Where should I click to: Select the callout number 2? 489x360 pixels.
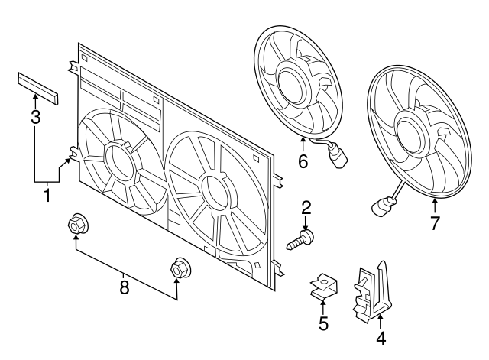[306, 206]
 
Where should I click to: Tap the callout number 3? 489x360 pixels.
[35, 116]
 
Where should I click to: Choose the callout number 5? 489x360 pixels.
[323, 324]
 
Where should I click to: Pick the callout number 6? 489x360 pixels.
[303, 161]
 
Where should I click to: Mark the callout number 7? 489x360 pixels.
[434, 224]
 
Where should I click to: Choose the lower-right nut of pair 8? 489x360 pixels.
[179, 269]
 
